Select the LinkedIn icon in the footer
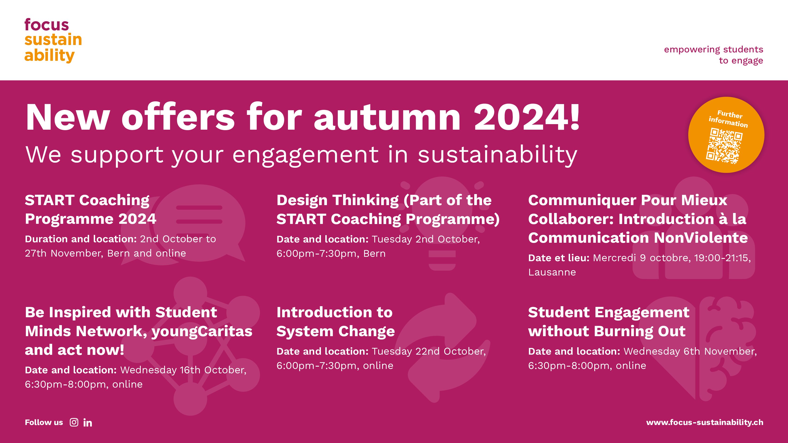tap(88, 422)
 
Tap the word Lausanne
tap(552, 272)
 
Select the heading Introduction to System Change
tap(335, 322)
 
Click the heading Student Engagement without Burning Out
tap(609, 322)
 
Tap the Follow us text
tap(44, 422)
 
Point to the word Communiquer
tap(582, 201)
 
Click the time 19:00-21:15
tap(722, 258)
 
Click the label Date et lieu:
tap(559, 258)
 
